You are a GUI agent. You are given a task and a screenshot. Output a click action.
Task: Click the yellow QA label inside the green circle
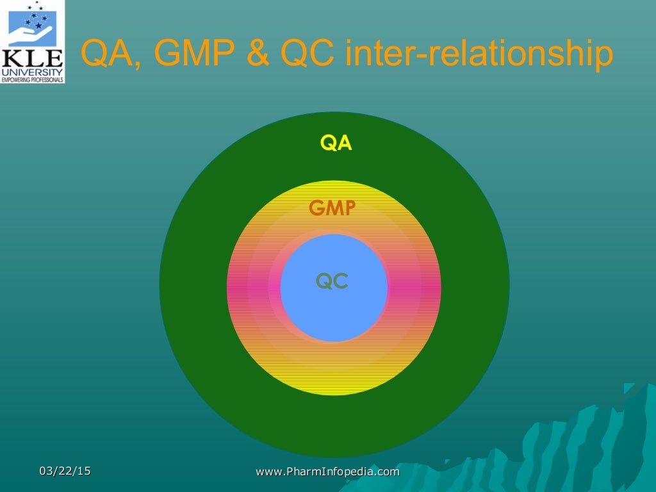pyautogui.click(x=336, y=143)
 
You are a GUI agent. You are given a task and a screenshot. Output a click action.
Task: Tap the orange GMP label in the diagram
pyautogui.click(x=332, y=208)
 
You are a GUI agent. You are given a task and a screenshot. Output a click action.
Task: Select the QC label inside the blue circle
pyautogui.click(x=332, y=281)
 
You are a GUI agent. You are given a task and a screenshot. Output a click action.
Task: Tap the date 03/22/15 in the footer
pyautogui.click(x=65, y=471)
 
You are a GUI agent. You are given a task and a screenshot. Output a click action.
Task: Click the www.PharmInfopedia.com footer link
pyautogui.click(x=327, y=472)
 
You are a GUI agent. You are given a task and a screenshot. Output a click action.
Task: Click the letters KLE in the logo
pyautogui.click(x=33, y=60)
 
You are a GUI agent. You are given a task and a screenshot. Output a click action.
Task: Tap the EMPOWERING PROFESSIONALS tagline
pyautogui.click(x=33, y=79)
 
